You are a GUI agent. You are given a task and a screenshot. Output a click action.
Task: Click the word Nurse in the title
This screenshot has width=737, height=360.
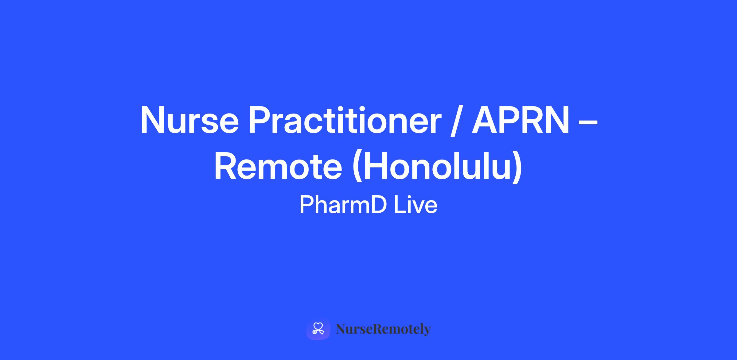point(189,120)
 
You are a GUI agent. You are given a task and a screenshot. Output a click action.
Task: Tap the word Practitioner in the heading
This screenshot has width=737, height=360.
point(345,120)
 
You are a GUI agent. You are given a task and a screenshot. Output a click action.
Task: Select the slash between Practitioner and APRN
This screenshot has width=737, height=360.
point(456,121)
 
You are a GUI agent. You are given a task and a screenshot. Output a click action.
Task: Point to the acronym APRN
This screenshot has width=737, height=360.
point(521,120)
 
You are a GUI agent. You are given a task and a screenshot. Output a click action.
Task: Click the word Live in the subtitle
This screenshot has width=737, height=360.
point(416,205)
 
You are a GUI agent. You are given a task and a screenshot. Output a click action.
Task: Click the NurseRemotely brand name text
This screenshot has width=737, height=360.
point(383,329)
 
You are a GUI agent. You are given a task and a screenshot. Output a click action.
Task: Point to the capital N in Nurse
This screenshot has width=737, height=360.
point(152,120)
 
